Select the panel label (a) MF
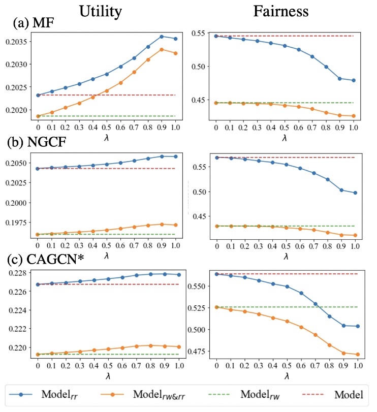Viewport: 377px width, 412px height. [35, 23]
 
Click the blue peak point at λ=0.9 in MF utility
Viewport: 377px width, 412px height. [162, 37]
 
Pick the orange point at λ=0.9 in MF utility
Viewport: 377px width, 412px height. [162, 49]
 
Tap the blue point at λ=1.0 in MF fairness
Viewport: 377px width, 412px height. [353, 80]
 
